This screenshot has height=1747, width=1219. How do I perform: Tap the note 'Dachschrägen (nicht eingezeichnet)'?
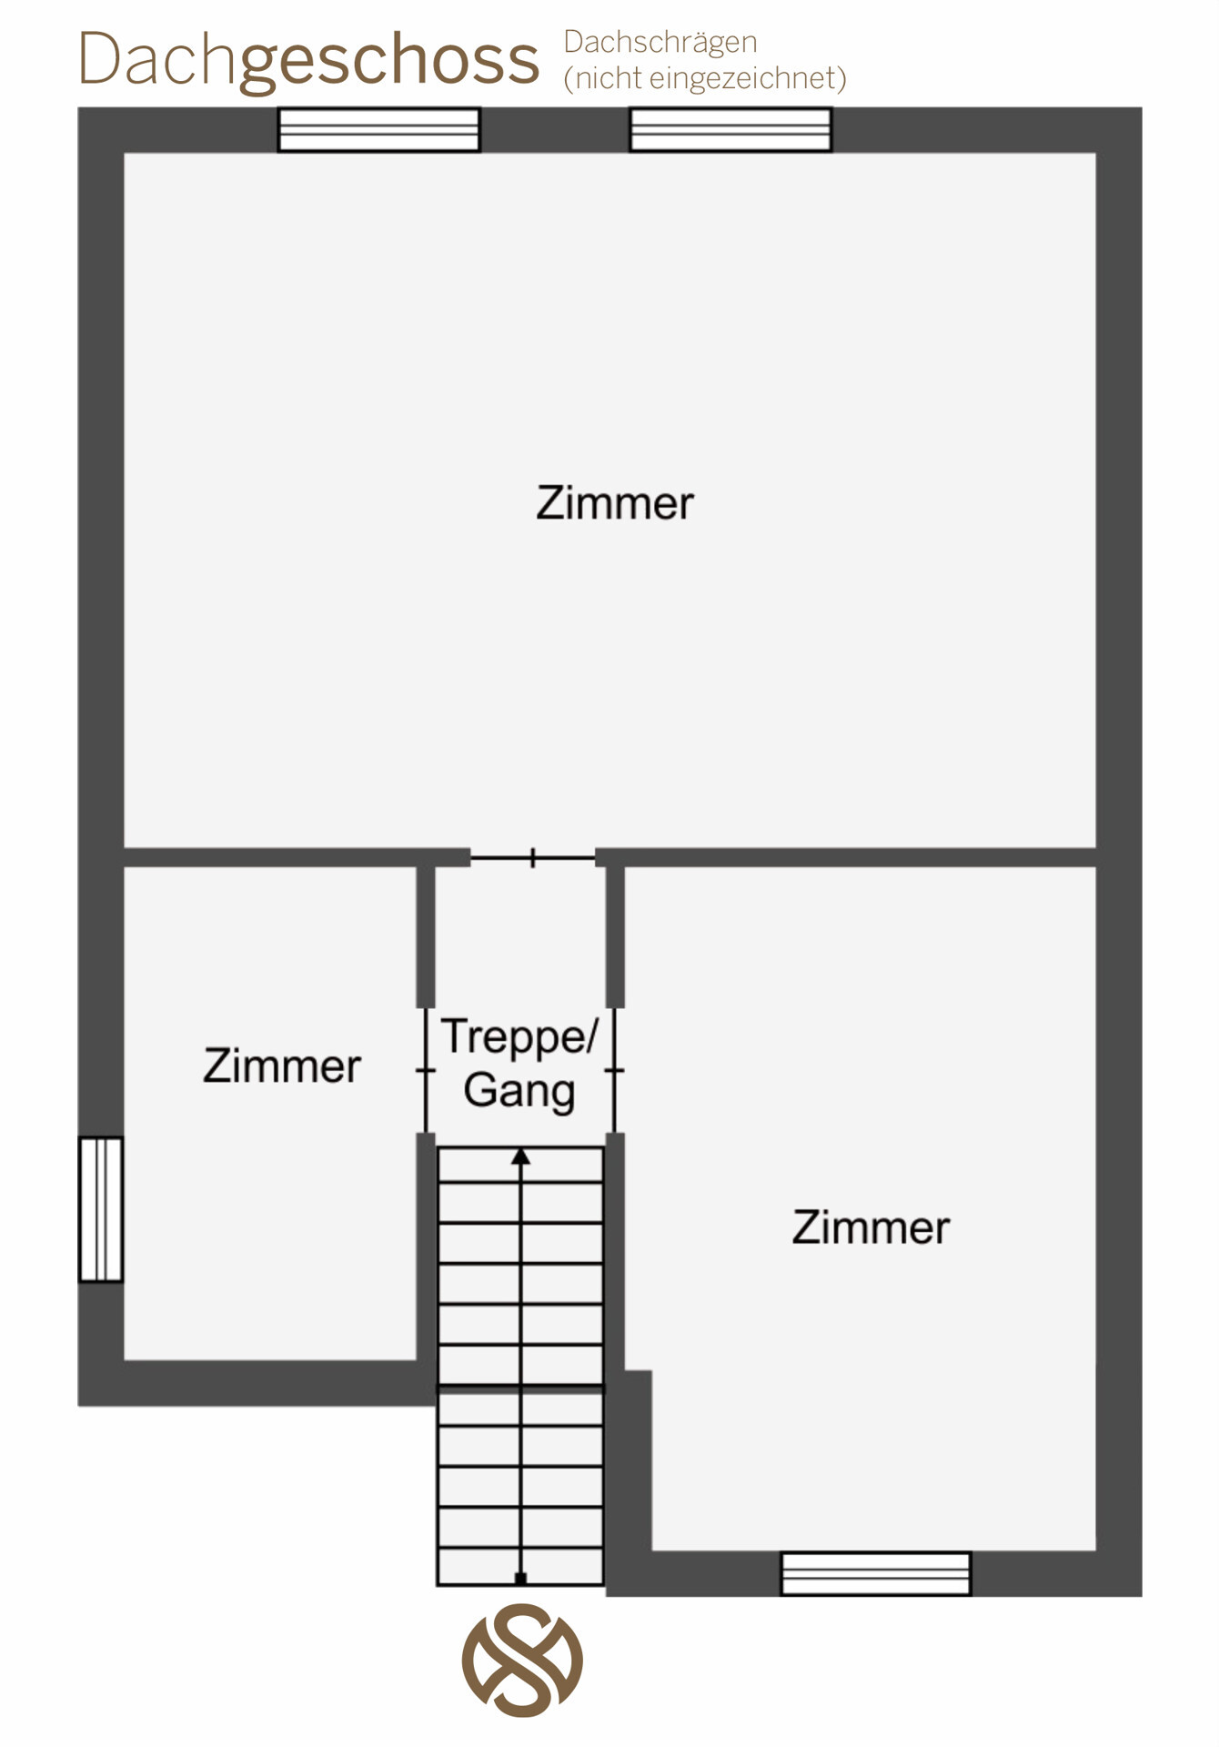(705, 60)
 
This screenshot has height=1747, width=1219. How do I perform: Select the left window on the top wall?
(378, 129)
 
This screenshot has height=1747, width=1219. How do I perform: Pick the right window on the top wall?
(730, 129)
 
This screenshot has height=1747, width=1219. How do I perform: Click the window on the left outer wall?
(101, 1209)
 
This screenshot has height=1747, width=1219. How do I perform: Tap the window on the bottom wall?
(876, 1573)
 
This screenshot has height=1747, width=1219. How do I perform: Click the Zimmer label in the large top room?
(615, 503)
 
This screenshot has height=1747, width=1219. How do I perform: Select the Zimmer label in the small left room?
(282, 1065)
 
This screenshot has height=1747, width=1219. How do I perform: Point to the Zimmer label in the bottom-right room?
(871, 1227)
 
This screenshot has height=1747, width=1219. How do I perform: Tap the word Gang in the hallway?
(519, 1091)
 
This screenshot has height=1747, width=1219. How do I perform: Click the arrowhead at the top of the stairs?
(520, 1156)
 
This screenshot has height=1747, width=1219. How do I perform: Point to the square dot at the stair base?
(520, 1578)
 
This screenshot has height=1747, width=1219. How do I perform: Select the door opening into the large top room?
(533, 857)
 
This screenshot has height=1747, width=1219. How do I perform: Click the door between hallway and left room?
(426, 1070)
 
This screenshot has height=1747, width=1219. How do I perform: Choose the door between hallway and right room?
(615, 1070)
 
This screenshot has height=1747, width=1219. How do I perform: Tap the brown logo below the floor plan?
(522, 1661)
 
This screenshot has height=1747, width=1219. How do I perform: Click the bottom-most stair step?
(520, 1566)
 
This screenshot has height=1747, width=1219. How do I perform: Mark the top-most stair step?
(520, 1165)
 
